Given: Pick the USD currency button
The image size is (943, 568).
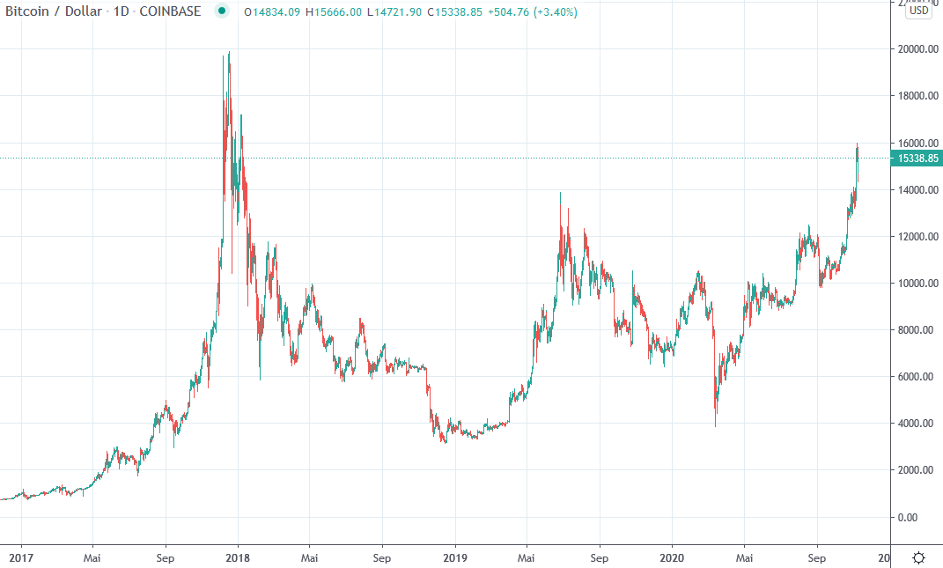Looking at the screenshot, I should click(x=919, y=11).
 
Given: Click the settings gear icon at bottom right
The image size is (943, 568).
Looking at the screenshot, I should click(x=919, y=557).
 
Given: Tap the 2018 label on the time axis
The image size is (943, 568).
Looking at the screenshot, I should click(x=238, y=557).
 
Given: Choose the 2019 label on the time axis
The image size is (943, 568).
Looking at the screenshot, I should click(x=455, y=557).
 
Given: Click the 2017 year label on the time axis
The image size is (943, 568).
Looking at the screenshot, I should click(x=20, y=557).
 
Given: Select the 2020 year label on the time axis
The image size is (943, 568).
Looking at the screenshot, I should click(x=672, y=557).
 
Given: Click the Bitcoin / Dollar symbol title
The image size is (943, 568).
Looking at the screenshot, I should click(x=56, y=11).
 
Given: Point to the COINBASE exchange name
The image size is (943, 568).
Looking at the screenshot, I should click(x=170, y=11).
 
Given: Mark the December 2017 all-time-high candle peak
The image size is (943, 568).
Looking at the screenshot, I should click(x=229, y=52).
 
